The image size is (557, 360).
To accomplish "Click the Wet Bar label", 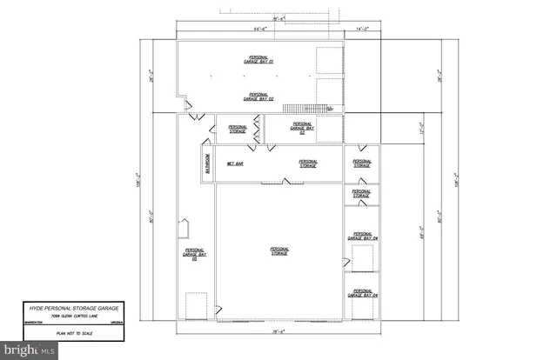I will coord(235,163).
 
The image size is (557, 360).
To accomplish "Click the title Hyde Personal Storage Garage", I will coord(74,308).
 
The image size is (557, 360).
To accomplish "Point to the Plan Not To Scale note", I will coord(74,332).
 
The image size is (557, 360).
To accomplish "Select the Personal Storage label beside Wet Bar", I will coord(308,163).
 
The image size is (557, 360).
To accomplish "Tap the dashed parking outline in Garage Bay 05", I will coord(196,305).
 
